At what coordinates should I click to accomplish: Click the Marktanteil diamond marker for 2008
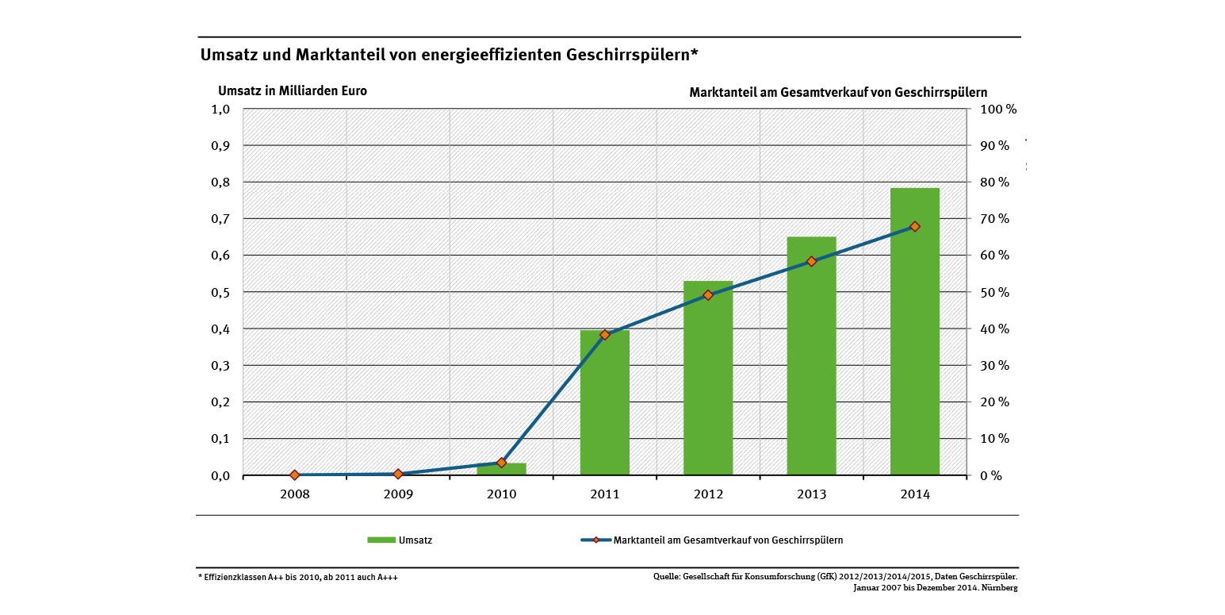[295, 475]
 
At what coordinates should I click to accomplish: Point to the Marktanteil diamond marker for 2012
[708, 295]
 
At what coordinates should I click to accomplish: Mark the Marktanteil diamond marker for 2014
[914, 226]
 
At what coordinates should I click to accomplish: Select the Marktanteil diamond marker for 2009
[398, 474]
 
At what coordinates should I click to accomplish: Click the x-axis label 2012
[708, 494]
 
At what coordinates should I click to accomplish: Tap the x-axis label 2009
[398, 494]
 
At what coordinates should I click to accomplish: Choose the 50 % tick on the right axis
[992, 292]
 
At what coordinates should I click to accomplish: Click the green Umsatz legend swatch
[381, 540]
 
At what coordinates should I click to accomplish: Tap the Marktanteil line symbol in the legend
[595, 540]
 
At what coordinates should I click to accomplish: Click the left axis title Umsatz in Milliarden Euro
[292, 90]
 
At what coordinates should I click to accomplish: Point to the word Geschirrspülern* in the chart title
[631, 55]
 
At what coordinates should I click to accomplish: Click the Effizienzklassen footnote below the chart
[297, 578]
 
